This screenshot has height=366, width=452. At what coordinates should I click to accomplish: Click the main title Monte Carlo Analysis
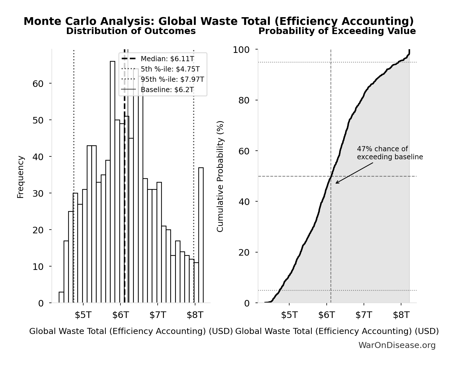219,21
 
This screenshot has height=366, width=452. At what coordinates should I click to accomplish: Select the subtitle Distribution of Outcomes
131,31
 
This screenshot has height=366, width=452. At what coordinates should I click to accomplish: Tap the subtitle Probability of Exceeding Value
337,31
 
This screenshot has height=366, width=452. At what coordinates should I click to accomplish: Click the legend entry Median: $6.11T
167,59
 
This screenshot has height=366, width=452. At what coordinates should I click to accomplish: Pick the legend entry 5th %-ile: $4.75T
170,69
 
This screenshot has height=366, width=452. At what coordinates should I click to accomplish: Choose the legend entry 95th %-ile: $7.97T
172,79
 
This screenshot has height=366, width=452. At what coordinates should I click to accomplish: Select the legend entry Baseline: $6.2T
167,90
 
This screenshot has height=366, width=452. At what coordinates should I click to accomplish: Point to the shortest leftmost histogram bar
61,297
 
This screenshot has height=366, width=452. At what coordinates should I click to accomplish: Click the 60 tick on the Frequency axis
38,83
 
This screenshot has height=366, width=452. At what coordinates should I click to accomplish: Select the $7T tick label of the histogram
158,315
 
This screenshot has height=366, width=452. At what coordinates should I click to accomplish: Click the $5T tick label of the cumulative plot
289,315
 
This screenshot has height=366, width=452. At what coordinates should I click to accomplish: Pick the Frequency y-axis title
21,177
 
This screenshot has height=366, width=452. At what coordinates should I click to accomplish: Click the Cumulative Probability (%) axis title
220,176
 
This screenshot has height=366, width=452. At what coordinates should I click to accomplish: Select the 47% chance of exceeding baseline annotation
390,153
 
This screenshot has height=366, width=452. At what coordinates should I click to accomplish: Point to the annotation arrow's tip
336,183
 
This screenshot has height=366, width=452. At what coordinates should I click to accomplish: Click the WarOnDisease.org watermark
397,345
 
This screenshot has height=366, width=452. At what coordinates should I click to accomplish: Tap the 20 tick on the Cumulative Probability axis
244,252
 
